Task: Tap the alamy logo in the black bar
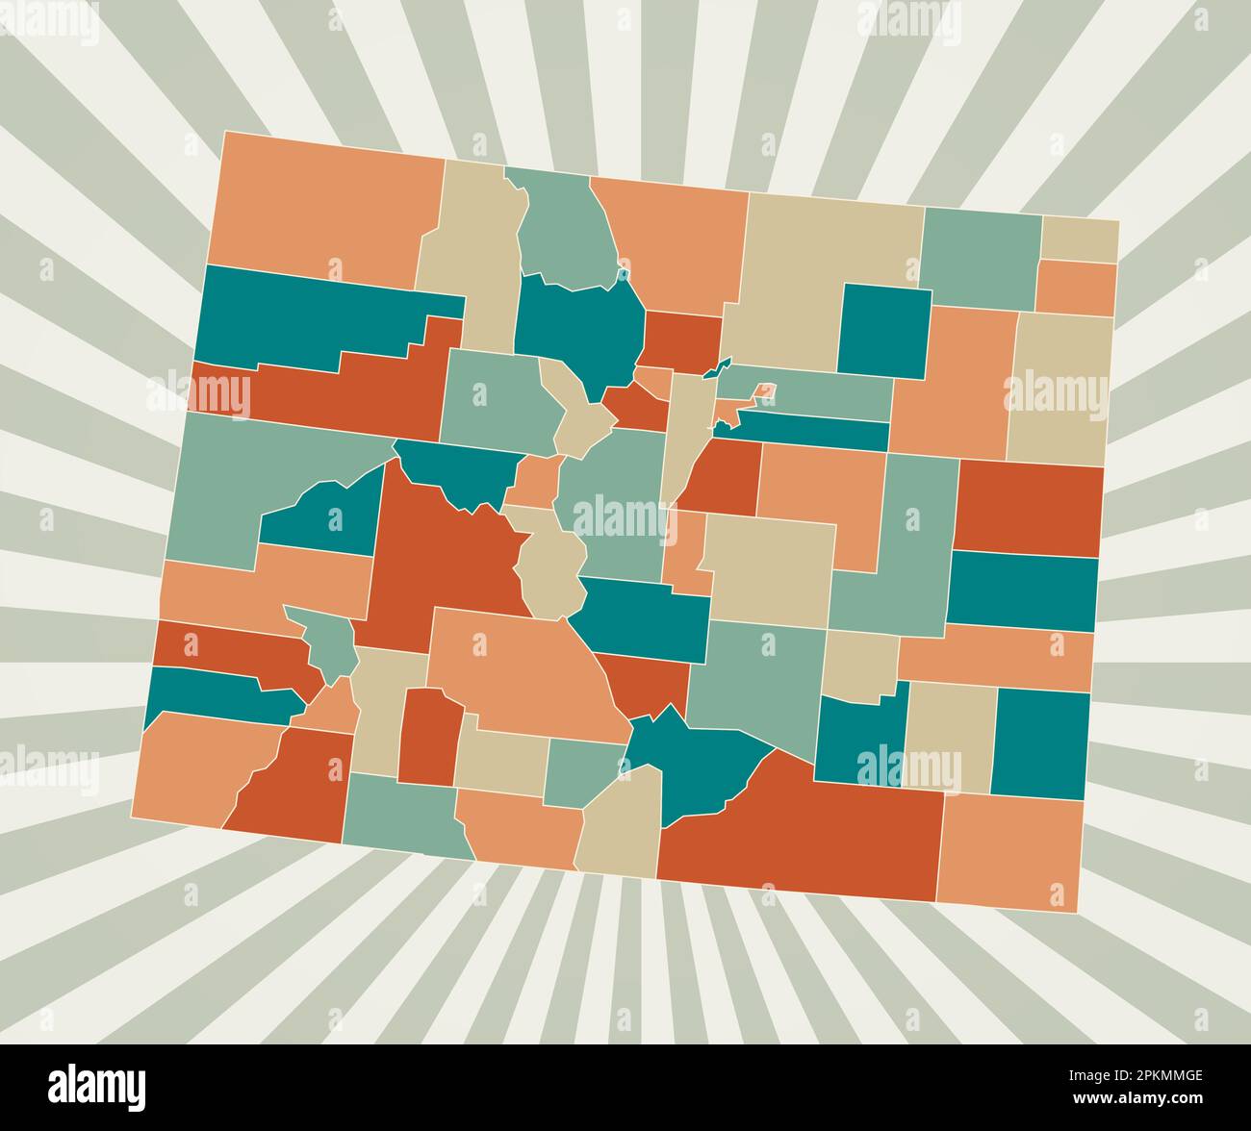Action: [x=97, y=1085]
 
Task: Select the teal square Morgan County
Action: [x=884, y=331]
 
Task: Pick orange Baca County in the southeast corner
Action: [x=1009, y=851]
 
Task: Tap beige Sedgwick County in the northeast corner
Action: [x=1080, y=239]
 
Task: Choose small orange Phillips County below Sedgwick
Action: [x=1075, y=288]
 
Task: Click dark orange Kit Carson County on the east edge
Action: [x=1028, y=508]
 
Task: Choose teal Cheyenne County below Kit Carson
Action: [x=1022, y=591]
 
